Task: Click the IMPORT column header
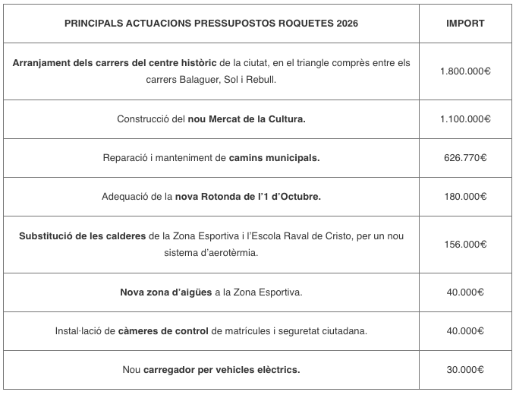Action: [x=465, y=24]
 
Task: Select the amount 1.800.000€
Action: [x=465, y=71]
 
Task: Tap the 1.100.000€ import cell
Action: [x=465, y=119]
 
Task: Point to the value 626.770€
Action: [x=465, y=158]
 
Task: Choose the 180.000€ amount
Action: [x=465, y=197]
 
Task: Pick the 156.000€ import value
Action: [x=465, y=245]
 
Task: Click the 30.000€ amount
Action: [x=465, y=370]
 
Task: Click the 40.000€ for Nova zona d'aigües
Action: [x=465, y=292]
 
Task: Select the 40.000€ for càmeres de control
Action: [x=465, y=331]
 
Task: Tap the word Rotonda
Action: [x=232, y=197]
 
